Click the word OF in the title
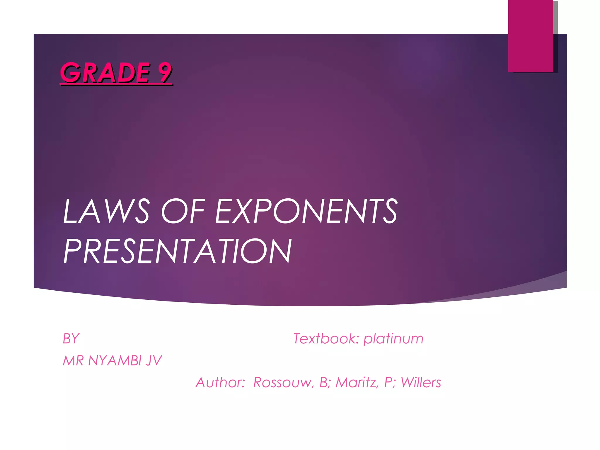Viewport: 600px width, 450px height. point(183,211)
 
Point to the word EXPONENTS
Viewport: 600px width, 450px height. point(306,211)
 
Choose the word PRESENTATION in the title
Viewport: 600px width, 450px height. point(178,251)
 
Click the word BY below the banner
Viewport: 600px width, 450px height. point(71,339)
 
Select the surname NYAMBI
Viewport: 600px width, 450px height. point(115,361)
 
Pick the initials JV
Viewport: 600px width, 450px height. point(154,361)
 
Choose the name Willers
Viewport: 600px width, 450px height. point(421,383)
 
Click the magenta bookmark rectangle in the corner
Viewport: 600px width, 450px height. point(531,36)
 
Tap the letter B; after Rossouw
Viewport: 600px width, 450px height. point(324,383)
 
